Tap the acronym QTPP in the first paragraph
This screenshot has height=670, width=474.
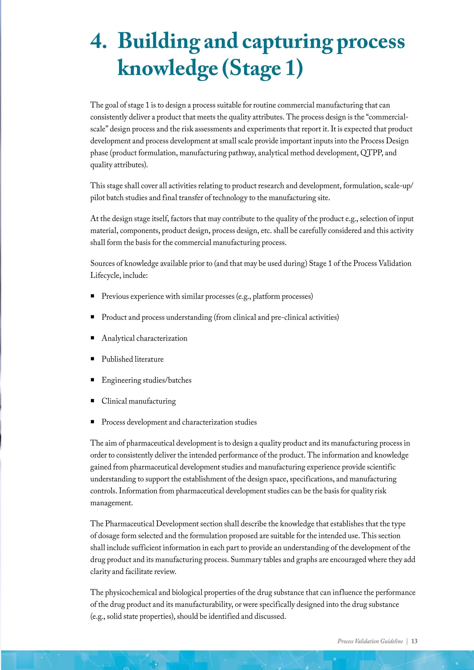tap(371, 153)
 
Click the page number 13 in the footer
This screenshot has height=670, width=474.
tap(414, 641)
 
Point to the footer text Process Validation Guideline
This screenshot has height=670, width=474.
tap(370, 641)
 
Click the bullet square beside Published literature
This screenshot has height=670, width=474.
tap(93, 359)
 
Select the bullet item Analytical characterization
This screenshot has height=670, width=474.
tap(144, 338)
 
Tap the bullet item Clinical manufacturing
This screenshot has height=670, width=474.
tap(139, 401)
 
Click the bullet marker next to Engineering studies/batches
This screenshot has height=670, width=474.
tap(93, 380)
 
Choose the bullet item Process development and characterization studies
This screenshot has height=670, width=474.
tap(179, 422)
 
